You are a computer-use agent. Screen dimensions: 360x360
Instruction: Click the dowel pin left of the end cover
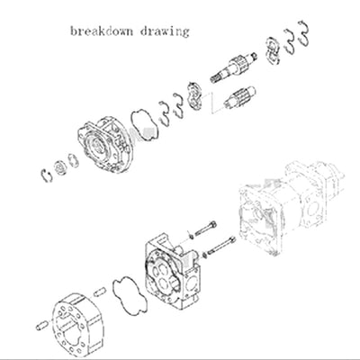(x=40, y=321)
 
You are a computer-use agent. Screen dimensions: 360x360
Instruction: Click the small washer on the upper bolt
(x=190, y=230)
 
